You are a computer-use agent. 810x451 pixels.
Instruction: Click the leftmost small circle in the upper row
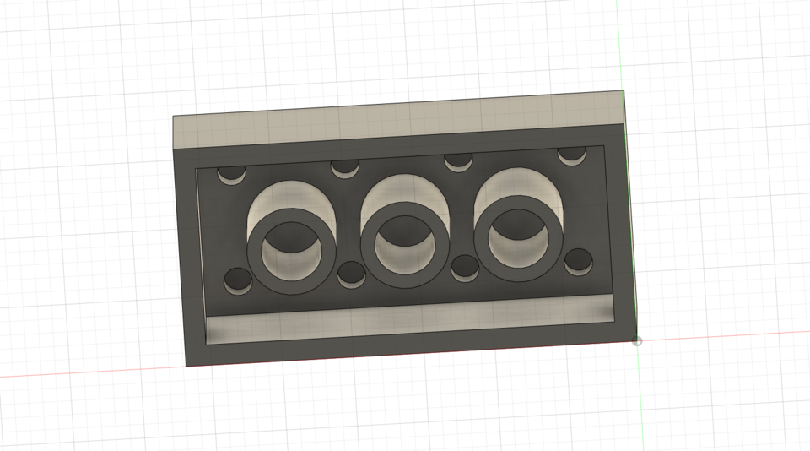(229, 175)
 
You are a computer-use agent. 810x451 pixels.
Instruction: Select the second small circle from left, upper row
(344, 167)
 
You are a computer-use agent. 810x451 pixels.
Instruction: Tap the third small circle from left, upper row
(458, 160)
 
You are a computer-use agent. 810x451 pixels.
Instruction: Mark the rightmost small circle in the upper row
(572, 155)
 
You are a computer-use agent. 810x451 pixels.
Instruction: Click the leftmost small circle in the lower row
(238, 280)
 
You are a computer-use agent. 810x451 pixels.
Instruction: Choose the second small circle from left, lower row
(351, 274)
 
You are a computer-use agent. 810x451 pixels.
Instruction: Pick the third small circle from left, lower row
(465, 267)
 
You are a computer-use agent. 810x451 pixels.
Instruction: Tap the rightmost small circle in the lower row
(579, 261)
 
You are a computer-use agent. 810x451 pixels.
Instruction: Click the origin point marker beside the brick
(637, 341)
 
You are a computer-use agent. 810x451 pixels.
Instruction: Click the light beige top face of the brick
(397, 123)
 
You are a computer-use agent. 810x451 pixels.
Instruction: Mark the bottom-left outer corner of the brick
(186, 366)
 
